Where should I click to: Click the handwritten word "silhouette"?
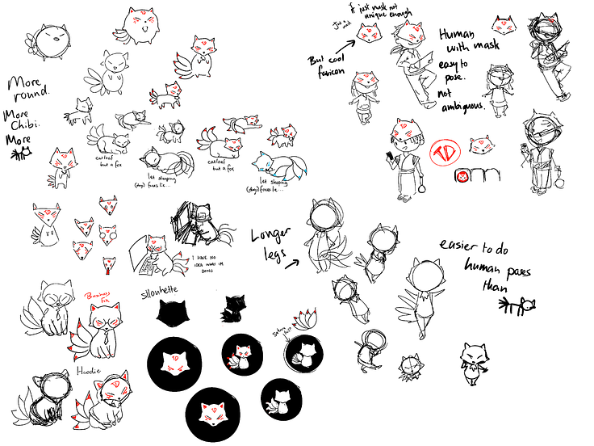tap(181, 288)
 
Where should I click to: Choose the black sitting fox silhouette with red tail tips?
tap(236, 308)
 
